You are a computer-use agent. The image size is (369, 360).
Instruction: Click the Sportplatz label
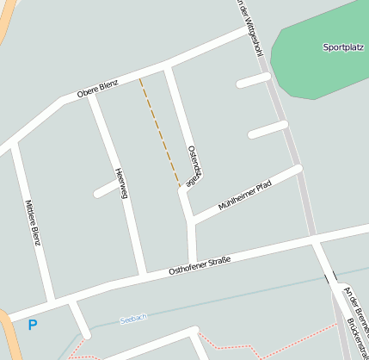(x=343, y=47)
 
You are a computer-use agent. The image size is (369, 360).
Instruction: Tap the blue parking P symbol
(x=33, y=325)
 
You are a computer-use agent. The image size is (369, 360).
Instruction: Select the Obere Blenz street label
(x=96, y=87)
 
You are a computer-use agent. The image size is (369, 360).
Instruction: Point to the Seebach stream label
(x=133, y=318)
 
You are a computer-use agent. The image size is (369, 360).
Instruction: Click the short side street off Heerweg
(x=105, y=190)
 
